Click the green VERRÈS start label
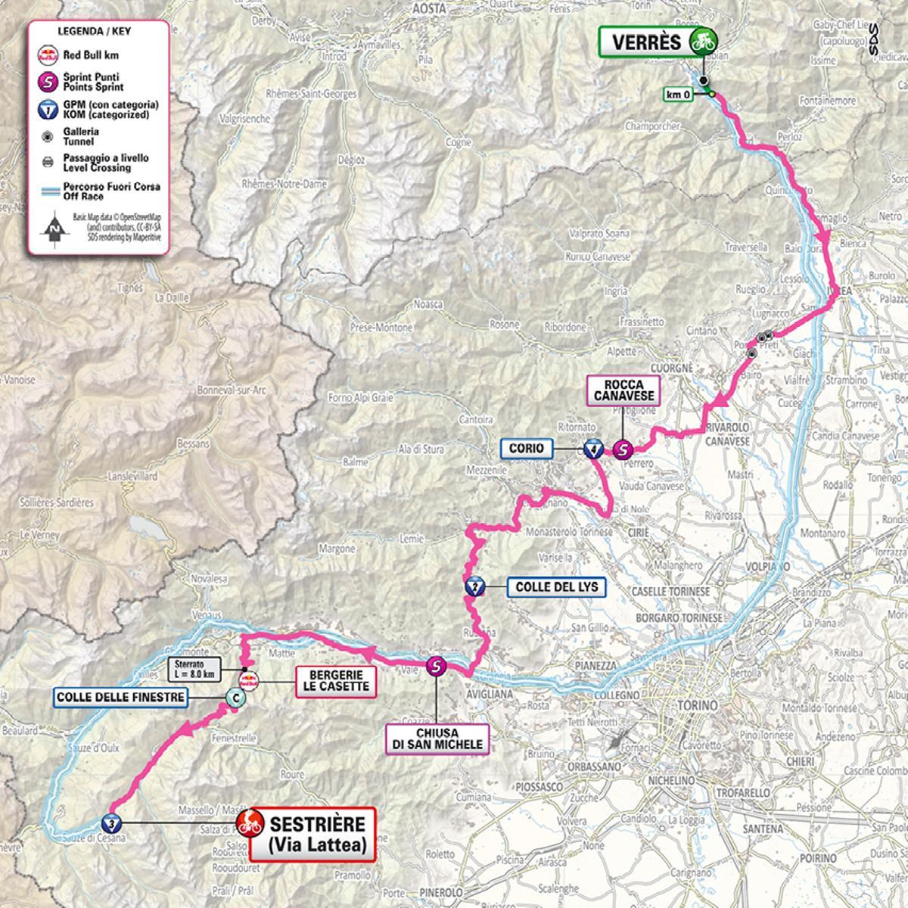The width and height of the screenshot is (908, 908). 647,42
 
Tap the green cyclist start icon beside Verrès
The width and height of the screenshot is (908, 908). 704,42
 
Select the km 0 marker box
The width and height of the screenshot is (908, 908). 680,95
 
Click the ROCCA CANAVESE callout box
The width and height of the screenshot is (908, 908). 623,390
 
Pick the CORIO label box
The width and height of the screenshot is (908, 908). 526,449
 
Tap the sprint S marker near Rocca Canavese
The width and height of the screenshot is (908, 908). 622,449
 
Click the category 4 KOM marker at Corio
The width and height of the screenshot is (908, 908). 593,449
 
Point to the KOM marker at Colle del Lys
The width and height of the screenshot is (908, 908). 474,587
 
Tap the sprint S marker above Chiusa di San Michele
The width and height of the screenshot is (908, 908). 437,666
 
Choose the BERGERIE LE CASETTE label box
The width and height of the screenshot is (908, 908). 334,680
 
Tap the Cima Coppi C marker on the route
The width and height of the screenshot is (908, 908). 236,701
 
